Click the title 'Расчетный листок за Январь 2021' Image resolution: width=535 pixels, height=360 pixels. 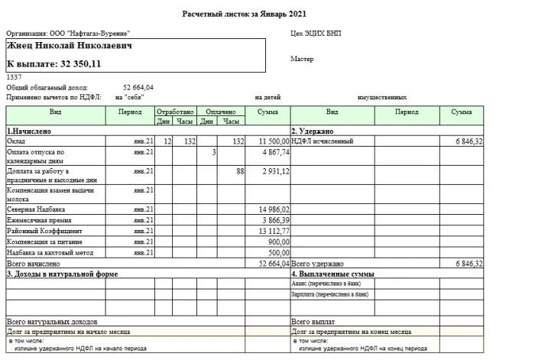coord(245,14)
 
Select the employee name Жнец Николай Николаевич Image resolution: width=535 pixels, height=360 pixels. coord(69,46)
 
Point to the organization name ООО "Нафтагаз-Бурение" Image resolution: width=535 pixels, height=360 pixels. coord(89,34)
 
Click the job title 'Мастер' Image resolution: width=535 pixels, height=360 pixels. coord(302,59)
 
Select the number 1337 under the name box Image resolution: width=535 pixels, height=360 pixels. coord(13,77)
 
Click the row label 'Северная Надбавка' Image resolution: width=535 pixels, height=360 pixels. coord(35,209)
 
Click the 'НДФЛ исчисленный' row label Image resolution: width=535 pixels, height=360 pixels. coord(322,141)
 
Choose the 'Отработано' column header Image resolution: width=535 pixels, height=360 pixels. coord(175,112)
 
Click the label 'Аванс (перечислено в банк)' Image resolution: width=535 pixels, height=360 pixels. coord(329,284)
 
